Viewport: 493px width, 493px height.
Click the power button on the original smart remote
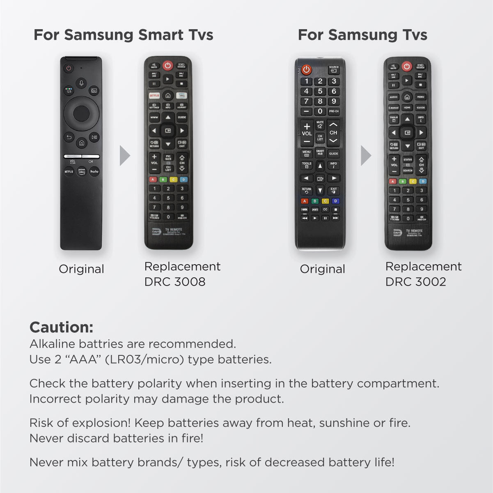click(x=69, y=68)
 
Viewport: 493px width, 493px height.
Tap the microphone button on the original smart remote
click(x=81, y=83)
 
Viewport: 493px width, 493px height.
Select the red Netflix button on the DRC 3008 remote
click(x=154, y=95)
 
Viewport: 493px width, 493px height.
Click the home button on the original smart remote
click(x=81, y=143)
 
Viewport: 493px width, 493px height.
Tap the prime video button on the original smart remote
click(x=81, y=171)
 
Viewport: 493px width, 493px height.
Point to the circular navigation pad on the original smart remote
click(x=81, y=113)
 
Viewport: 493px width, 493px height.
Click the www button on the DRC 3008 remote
click(x=154, y=117)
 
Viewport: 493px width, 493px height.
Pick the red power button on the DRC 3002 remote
click(x=406, y=66)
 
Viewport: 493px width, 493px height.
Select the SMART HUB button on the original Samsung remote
click(x=320, y=152)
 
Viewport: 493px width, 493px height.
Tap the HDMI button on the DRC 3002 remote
click(x=407, y=108)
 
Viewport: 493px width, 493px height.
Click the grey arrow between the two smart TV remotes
click(x=124, y=156)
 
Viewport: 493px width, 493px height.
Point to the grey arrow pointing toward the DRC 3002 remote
click(x=366, y=156)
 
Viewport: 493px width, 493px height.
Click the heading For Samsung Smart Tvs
click(x=123, y=35)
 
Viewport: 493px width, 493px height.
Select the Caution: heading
click(x=62, y=327)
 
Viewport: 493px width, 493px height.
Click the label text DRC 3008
click(x=175, y=282)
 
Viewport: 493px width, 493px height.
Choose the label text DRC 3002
click(x=415, y=282)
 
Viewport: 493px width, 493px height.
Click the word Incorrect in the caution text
click(x=55, y=399)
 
